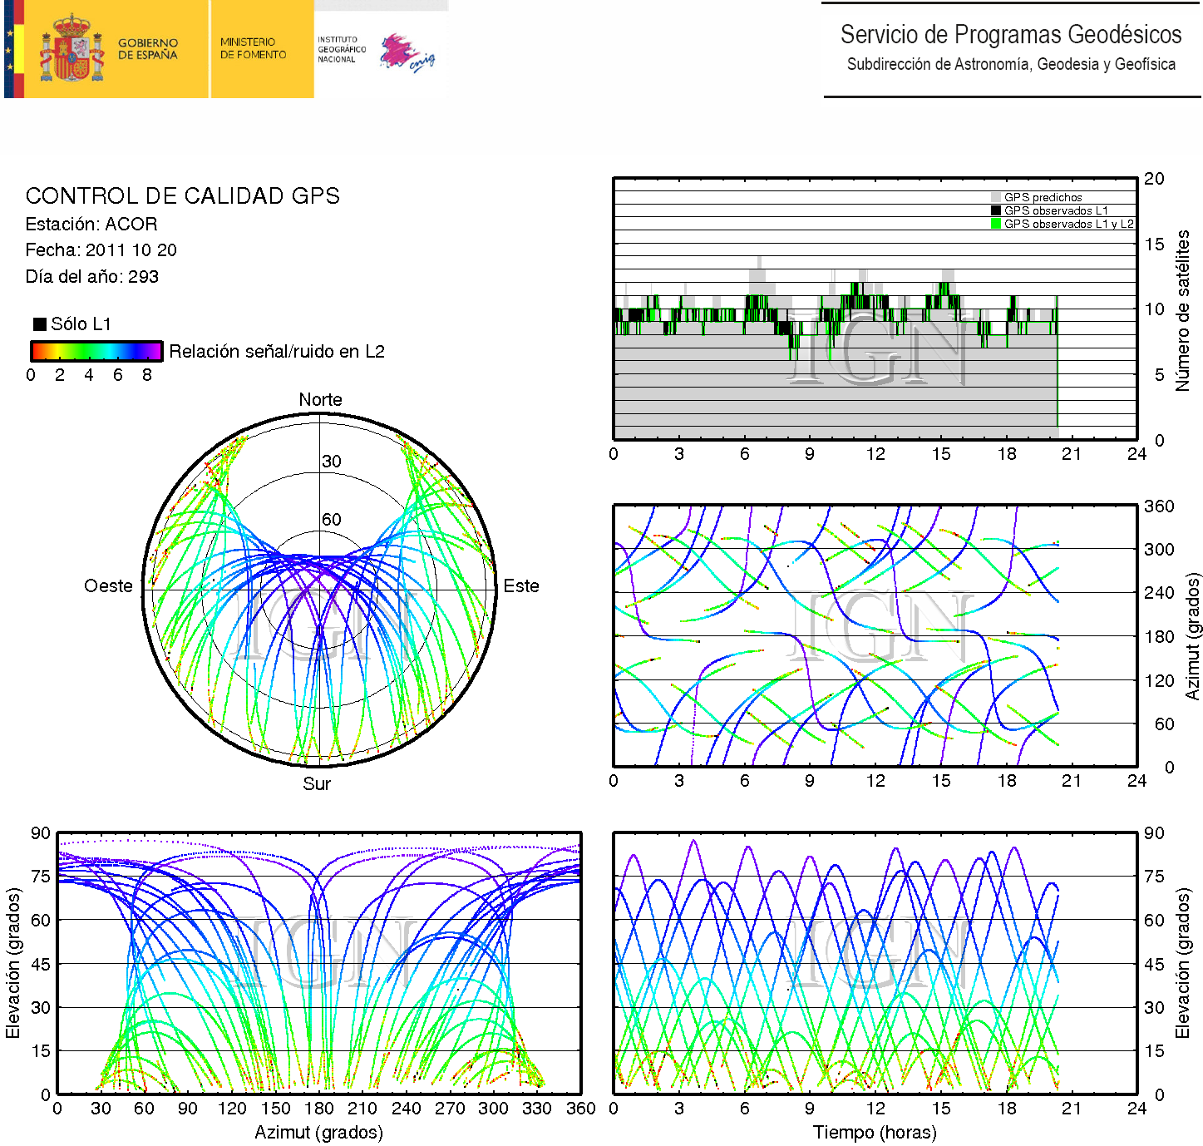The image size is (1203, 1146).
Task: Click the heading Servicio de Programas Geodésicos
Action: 1010,35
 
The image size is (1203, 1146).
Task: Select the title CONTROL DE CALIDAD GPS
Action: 182,196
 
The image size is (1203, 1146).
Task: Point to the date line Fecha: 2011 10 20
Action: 101,250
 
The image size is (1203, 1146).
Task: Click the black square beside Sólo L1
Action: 39,324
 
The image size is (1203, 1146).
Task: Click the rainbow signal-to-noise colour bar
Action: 96,351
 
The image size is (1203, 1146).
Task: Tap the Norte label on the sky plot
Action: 320,400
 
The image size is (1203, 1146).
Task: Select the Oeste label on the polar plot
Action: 108,586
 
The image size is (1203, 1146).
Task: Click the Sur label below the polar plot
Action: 317,784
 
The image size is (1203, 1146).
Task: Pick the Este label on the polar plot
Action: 521,586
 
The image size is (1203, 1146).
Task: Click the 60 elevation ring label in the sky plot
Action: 332,520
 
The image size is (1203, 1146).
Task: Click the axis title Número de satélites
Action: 1182,310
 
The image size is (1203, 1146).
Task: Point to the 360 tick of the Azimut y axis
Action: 1159,506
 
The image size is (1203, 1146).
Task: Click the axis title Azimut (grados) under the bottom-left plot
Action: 318,1133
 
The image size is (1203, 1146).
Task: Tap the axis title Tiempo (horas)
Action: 875,1133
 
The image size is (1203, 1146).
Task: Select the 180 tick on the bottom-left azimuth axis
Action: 318,1109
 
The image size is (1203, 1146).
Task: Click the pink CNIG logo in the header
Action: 407,54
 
